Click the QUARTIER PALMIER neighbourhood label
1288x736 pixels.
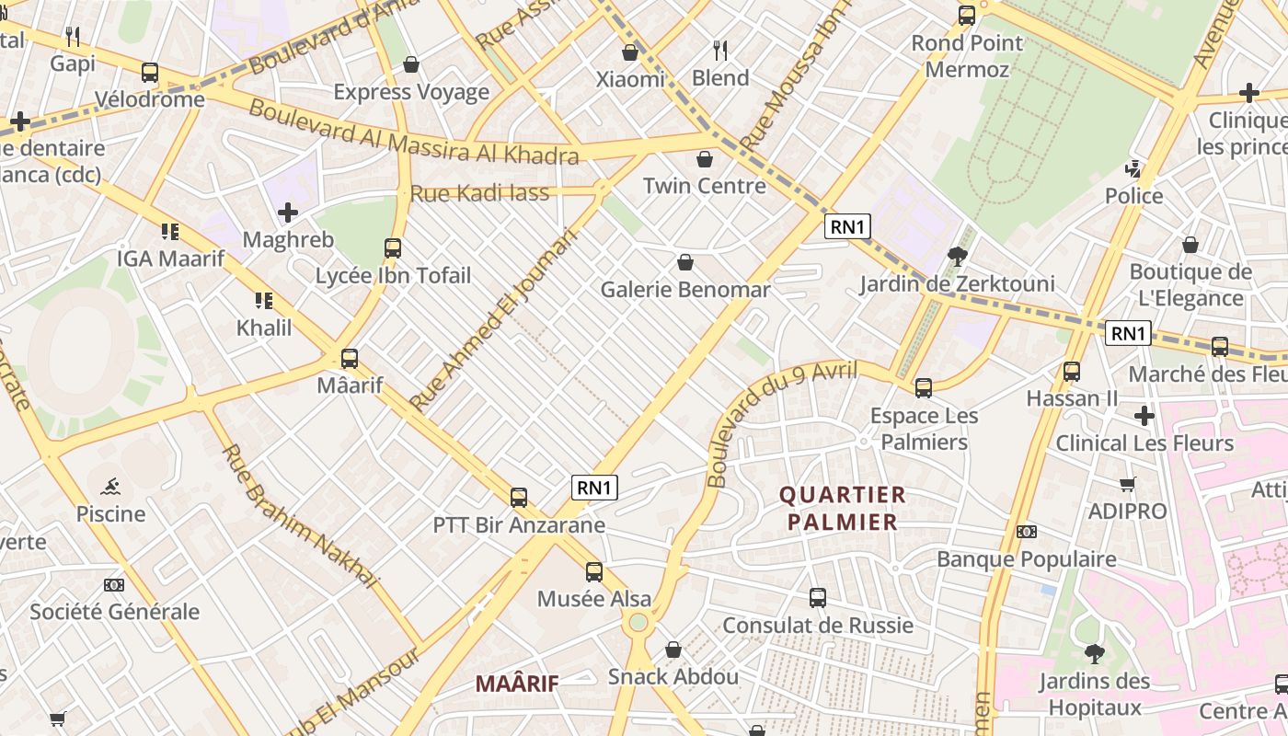pyautogui.click(x=843, y=509)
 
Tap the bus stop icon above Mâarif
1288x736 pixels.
pyautogui.click(x=350, y=359)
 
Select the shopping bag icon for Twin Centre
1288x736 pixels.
pyautogui.click(x=705, y=159)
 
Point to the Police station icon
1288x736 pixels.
pyautogui.click(x=1133, y=169)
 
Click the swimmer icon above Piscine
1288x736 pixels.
pyautogui.click(x=110, y=486)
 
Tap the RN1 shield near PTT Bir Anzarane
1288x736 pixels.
pyautogui.click(x=594, y=488)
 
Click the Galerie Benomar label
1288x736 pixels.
pyautogui.click(x=685, y=290)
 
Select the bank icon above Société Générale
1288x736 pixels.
pyautogui.click(x=114, y=585)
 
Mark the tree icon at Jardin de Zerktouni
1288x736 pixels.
pyautogui.click(x=957, y=256)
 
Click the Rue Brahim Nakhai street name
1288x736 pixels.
pyautogui.click(x=300, y=515)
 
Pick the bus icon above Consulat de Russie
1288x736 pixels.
pyautogui.click(x=818, y=598)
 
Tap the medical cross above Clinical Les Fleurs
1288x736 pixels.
pyautogui.click(x=1144, y=416)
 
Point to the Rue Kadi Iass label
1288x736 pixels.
pyautogui.click(x=479, y=193)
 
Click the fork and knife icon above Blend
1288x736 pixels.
pyautogui.click(x=720, y=50)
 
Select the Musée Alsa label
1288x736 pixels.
pyautogui.click(x=594, y=599)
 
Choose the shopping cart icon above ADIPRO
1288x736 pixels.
pyautogui.click(x=1127, y=484)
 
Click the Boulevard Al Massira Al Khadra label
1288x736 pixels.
pyautogui.click(x=414, y=133)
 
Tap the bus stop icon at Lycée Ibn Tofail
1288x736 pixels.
pyautogui.click(x=393, y=247)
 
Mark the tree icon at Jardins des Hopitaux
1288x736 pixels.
pyautogui.click(x=1094, y=653)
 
